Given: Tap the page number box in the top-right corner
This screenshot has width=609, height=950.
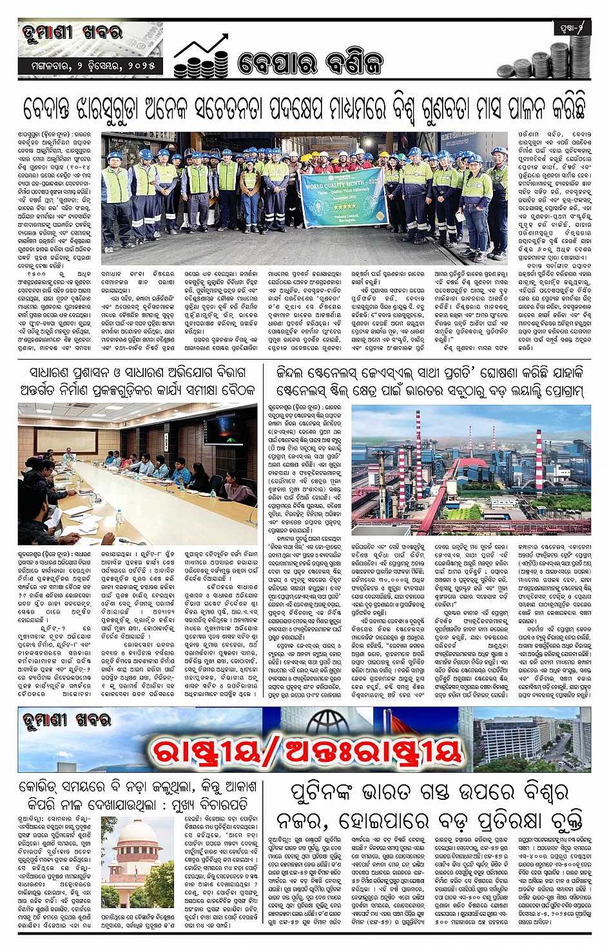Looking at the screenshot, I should (572, 28).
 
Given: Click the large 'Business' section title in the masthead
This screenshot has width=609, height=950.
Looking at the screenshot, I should (310, 63).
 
